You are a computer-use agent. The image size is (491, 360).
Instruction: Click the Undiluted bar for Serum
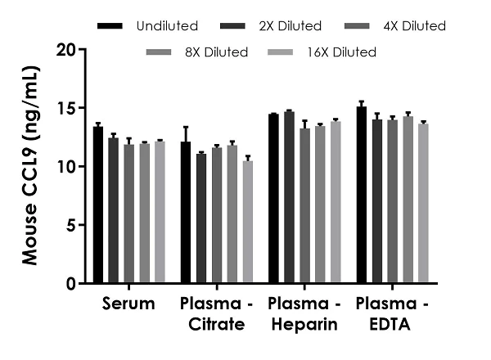[x=98, y=205]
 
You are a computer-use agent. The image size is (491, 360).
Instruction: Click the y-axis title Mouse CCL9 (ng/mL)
[x=30, y=166]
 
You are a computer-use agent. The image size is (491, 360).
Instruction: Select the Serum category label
[x=129, y=304]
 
